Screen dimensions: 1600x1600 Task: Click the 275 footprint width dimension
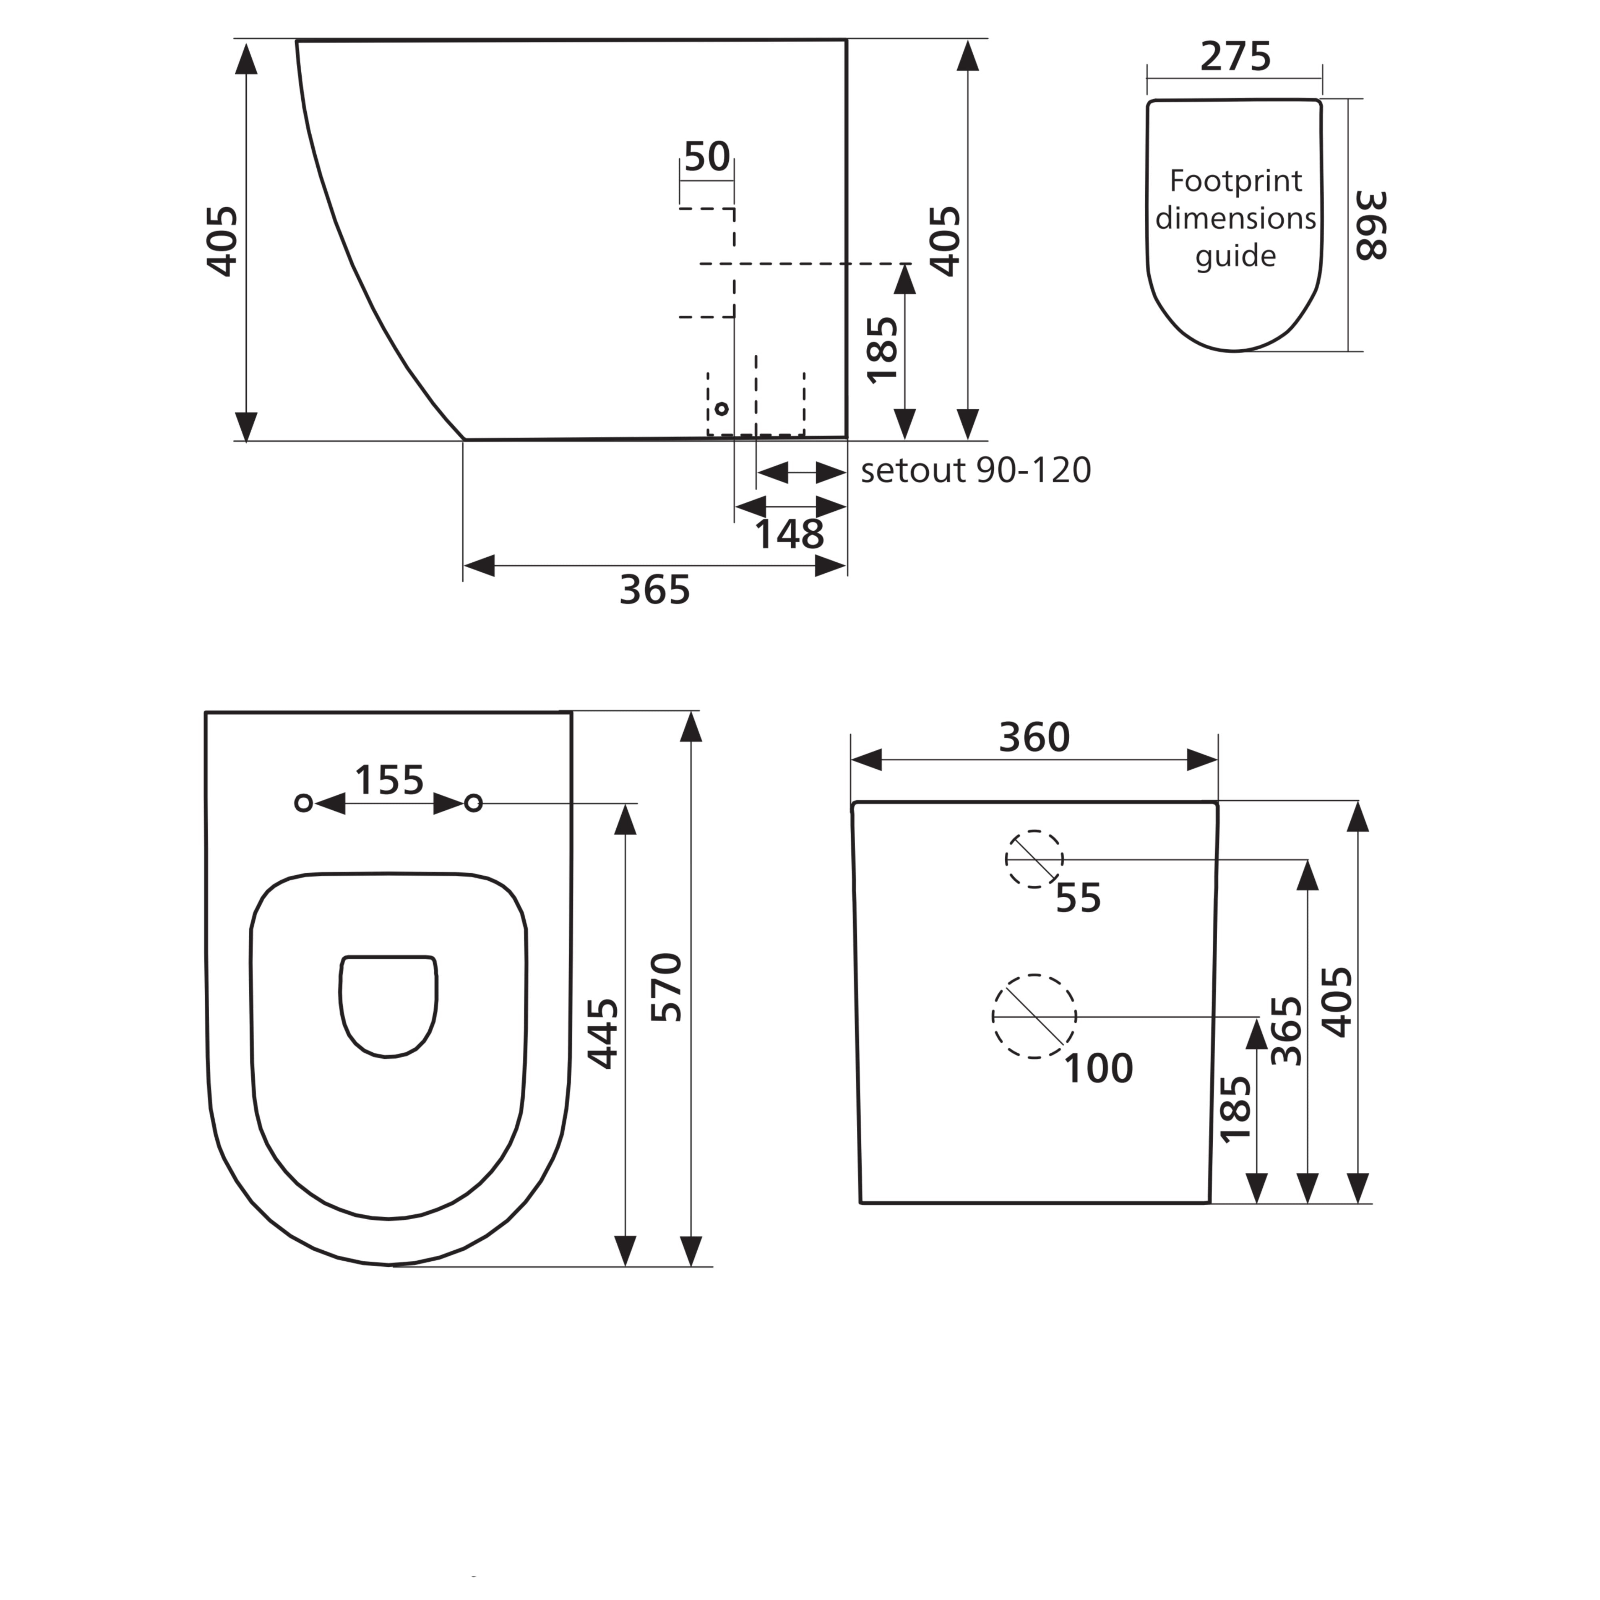tap(1235, 57)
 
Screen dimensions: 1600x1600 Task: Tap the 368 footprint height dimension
tap(1371, 225)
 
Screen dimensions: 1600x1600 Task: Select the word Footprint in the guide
tap(1235, 180)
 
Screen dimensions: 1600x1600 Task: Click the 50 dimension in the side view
tap(706, 156)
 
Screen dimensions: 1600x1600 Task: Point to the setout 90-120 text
tap(976, 470)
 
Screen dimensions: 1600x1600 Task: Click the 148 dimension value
tap(789, 534)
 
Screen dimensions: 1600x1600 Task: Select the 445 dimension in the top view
tap(602, 1034)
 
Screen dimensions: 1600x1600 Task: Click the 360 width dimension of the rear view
tap(1034, 737)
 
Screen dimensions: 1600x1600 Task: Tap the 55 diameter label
tap(1078, 898)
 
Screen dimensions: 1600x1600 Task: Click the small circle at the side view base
tap(721, 408)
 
